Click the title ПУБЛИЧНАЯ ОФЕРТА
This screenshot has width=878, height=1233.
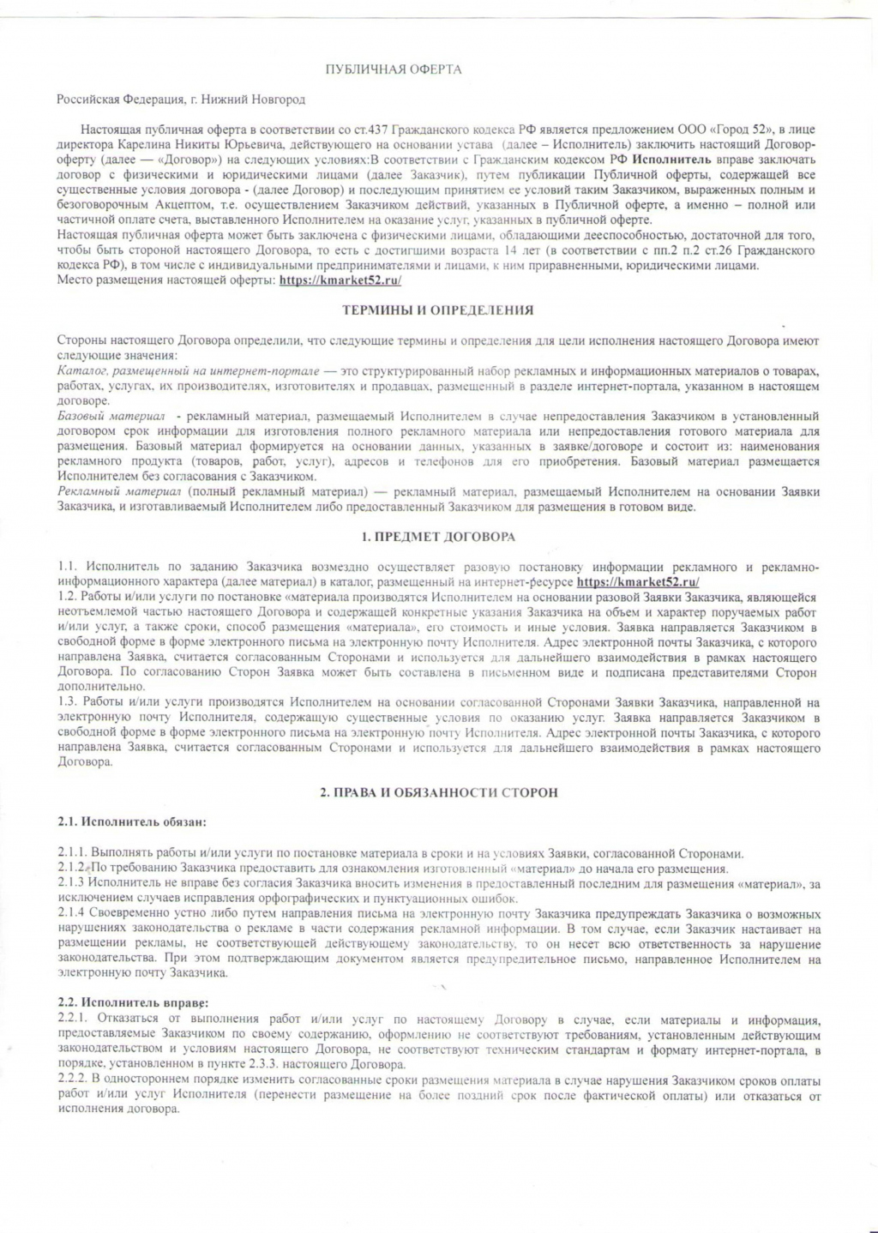(394, 69)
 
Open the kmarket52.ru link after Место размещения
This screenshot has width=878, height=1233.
(340, 280)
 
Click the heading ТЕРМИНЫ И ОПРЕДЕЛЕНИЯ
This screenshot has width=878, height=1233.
(437, 310)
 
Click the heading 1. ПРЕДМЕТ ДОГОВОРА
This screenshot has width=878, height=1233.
(438, 538)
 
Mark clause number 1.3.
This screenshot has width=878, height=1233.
(67, 703)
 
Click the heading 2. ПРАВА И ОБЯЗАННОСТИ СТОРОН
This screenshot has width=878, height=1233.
(438, 792)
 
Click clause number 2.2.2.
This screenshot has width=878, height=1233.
(72, 1080)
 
